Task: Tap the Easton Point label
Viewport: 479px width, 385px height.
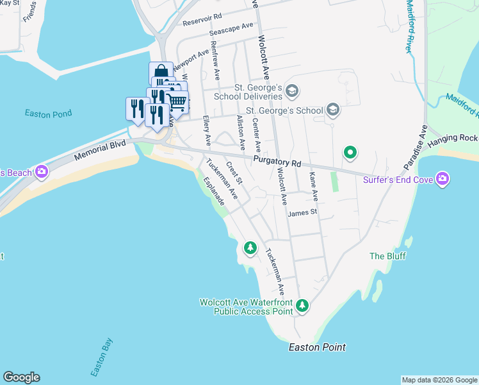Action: click(x=317, y=347)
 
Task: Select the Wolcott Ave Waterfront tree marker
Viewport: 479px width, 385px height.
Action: click(x=302, y=307)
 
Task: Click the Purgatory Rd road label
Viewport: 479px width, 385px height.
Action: click(x=277, y=161)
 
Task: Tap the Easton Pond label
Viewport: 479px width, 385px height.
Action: click(x=48, y=114)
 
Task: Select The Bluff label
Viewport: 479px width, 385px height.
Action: click(x=386, y=256)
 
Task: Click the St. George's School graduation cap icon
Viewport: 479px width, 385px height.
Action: click(x=332, y=110)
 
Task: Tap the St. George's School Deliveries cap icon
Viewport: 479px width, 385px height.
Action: click(x=292, y=90)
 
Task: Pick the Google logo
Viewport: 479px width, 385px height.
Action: click(x=21, y=377)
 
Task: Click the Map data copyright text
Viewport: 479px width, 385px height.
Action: click(x=439, y=380)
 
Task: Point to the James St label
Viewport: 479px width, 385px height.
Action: click(x=302, y=212)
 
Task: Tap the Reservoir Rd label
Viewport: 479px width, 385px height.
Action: click(x=202, y=19)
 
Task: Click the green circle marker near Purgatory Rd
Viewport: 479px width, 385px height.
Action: click(x=350, y=153)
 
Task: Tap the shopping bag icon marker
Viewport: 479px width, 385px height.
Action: click(x=160, y=71)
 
